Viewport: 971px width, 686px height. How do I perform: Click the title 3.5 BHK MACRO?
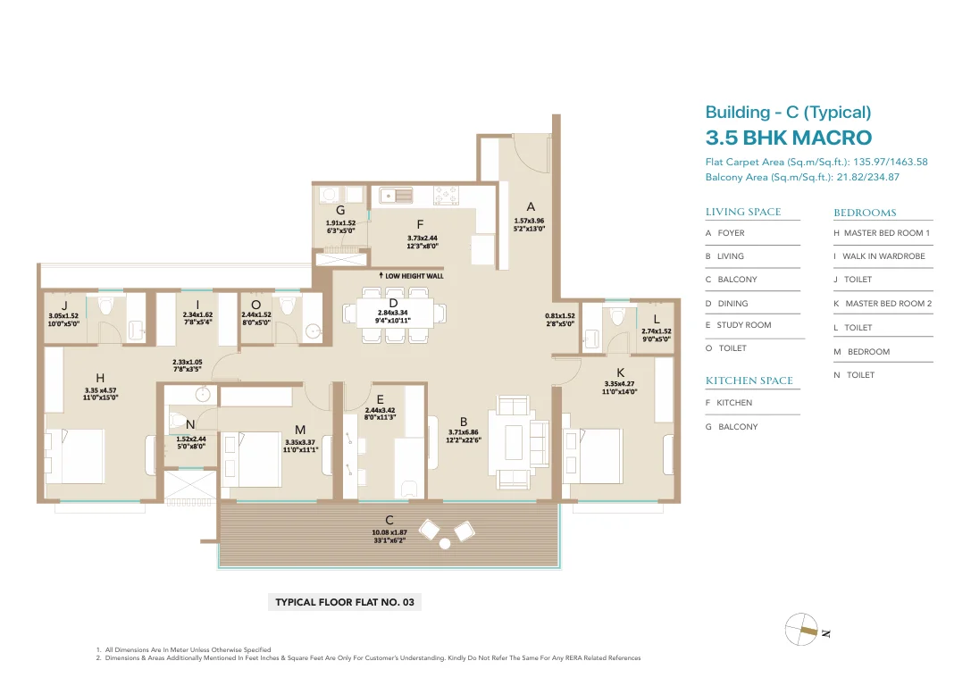[788, 138]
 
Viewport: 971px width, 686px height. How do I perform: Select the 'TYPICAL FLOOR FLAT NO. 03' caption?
[344, 602]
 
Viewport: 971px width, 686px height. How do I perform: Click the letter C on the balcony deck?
[389, 520]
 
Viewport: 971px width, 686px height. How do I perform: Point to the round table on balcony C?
[445, 544]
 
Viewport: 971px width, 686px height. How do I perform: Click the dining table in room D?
[393, 314]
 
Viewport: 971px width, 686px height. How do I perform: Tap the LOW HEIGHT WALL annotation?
[412, 275]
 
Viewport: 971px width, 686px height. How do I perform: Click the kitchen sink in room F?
[396, 195]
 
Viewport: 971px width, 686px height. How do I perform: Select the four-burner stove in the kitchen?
[446, 195]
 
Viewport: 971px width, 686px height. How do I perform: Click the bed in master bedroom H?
[75, 456]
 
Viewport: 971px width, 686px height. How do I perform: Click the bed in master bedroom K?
[592, 457]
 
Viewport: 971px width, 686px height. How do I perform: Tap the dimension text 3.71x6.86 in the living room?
[464, 433]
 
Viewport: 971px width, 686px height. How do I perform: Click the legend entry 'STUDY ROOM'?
[744, 325]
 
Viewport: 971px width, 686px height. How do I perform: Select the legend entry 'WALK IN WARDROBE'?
[883, 256]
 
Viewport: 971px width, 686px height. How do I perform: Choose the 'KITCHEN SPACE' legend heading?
[749, 381]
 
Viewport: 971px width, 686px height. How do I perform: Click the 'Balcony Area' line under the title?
[802, 177]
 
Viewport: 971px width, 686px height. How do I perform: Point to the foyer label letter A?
[531, 207]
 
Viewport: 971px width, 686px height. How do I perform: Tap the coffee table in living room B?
[514, 442]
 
